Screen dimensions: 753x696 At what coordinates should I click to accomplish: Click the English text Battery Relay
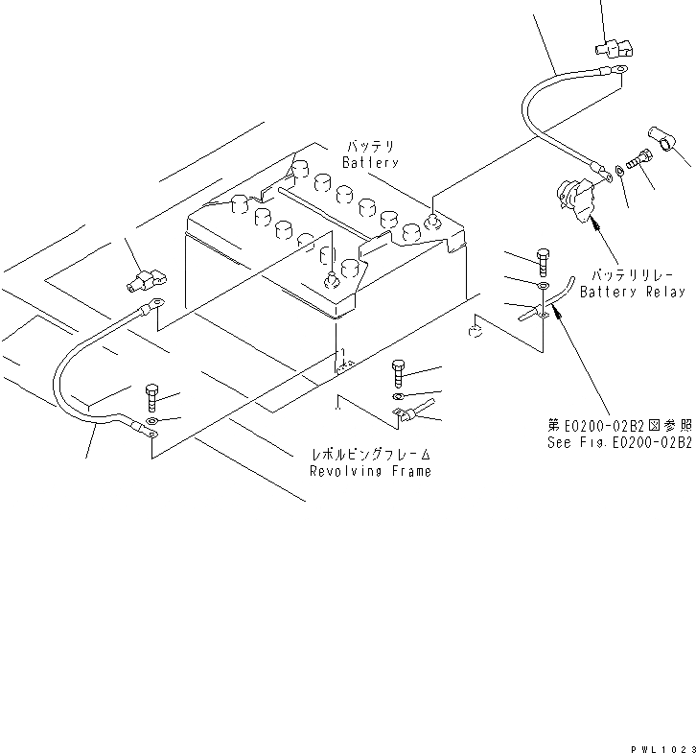tap(633, 292)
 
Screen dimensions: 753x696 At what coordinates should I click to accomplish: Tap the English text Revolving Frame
tap(370, 471)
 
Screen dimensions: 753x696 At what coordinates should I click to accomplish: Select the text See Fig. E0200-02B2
tap(619, 442)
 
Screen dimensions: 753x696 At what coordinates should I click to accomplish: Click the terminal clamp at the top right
tap(613, 46)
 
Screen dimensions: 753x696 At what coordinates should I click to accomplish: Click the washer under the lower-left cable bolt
tap(151, 419)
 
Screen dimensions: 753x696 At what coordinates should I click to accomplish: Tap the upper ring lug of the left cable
tap(151, 307)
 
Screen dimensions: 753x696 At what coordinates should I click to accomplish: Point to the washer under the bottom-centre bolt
tap(398, 395)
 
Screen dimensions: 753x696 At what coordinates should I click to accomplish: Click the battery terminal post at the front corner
tap(334, 280)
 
